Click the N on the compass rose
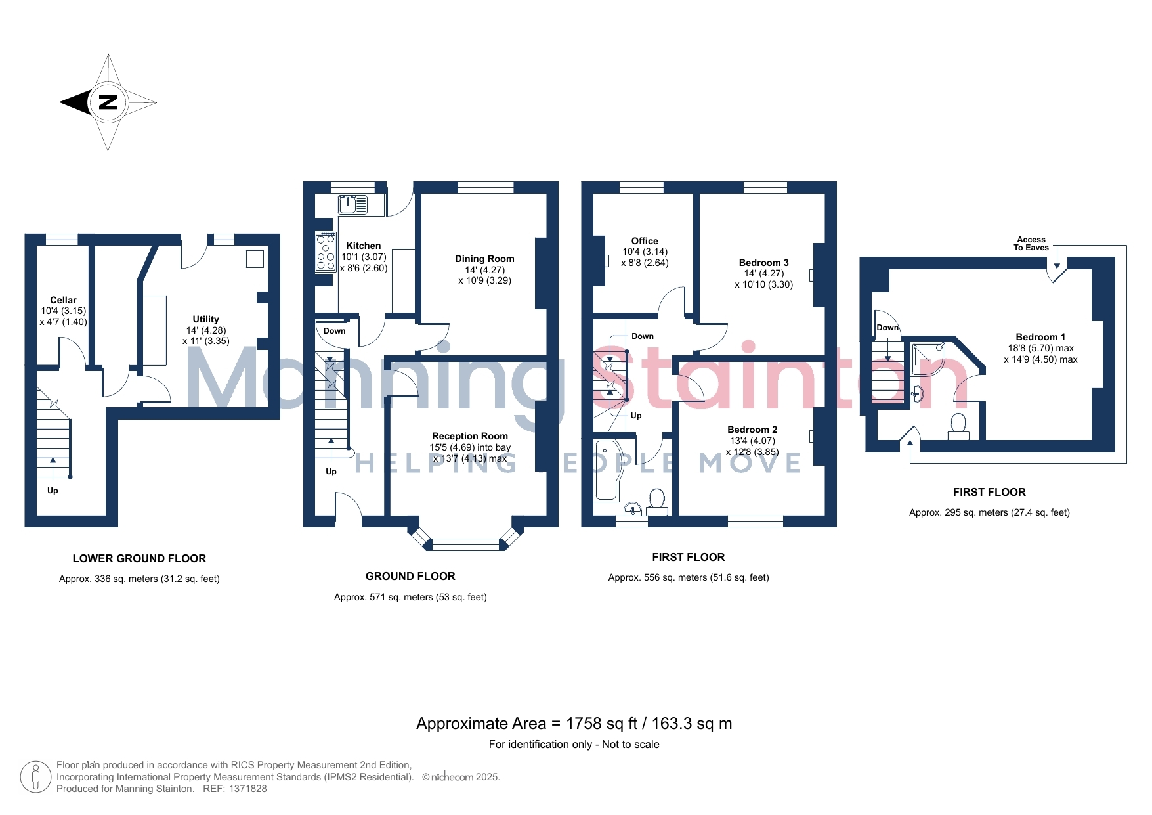(x=108, y=102)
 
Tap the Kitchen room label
(x=364, y=246)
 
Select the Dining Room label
(x=484, y=259)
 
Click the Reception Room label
(x=470, y=436)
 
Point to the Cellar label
(x=63, y=300)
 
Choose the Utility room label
(x=206, y=319)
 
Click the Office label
(x=645, y=241)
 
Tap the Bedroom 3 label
(x=764, y=263)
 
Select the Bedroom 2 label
(x=752, y=430)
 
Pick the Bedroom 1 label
(x=1040, y=337)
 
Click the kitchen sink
(x=353, y=205)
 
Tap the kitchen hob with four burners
(x=326, y=252)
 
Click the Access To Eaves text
(x=1031, y=244)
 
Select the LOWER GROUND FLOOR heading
(x=139, y=558)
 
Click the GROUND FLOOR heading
(x=410, y=576)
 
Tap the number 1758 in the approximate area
(x=584, y=724)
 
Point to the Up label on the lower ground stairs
(x=53, y=491)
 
